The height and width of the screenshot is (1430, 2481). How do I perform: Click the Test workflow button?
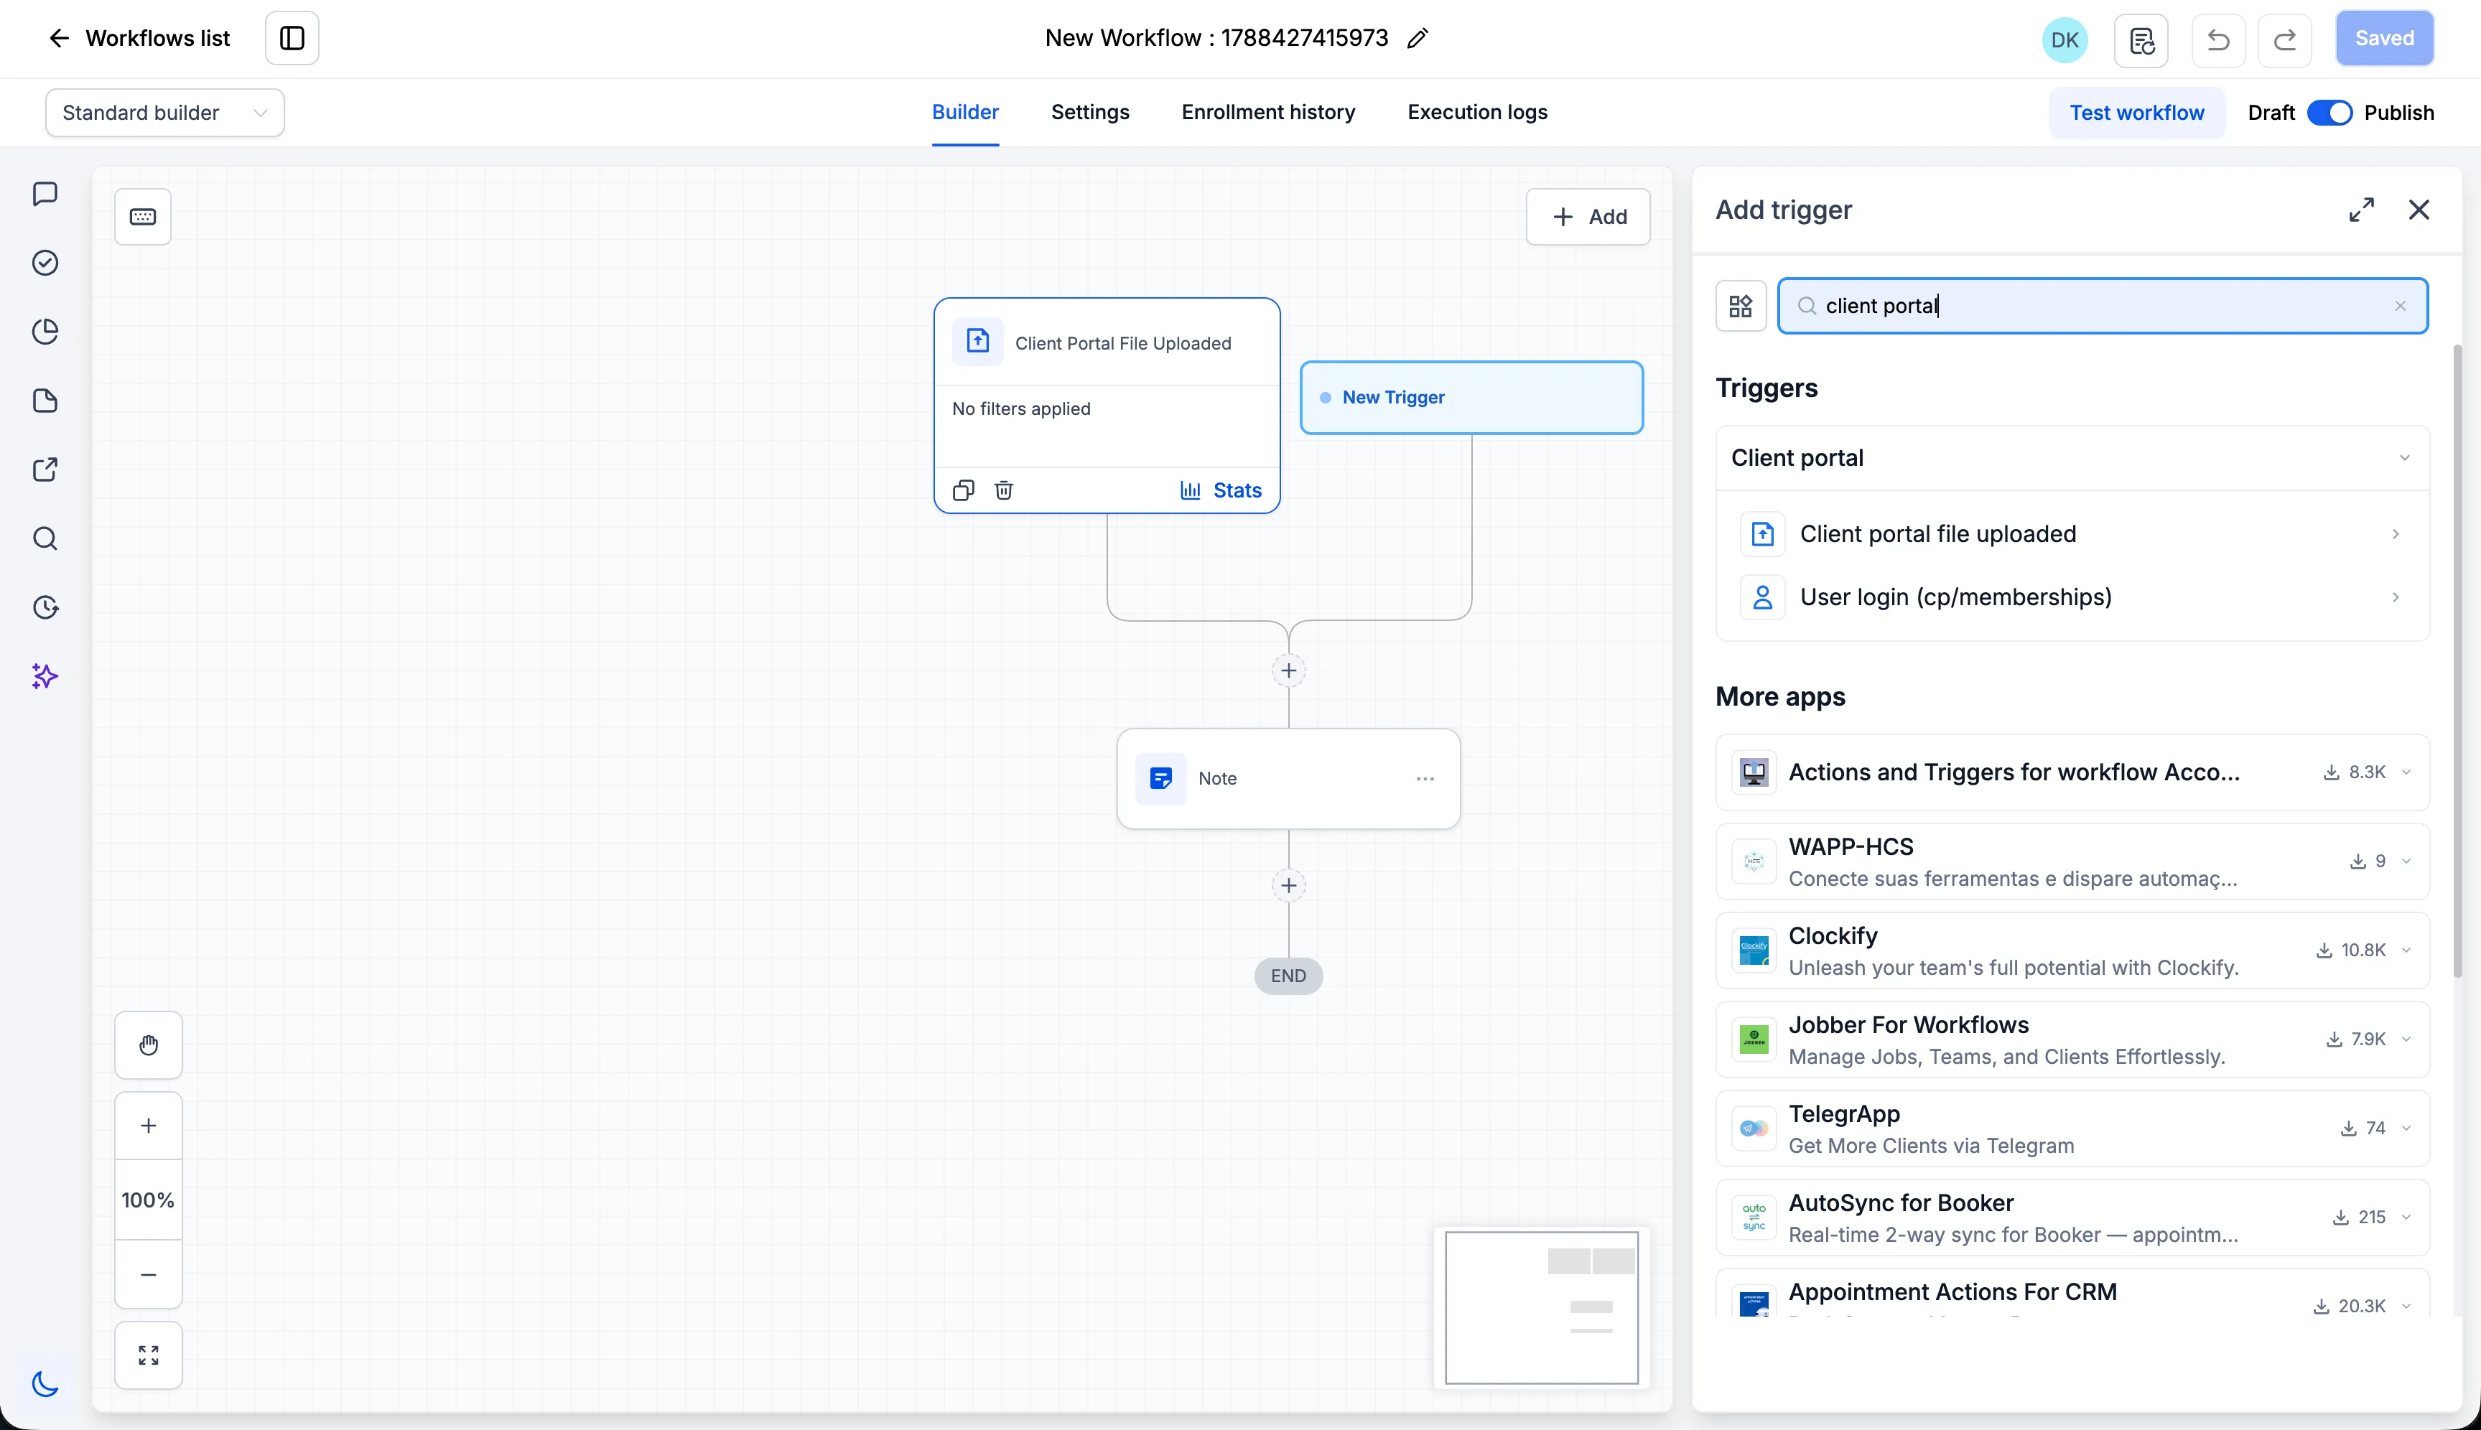(2136, 113)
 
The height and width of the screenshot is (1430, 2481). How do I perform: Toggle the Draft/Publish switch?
(2329, 113)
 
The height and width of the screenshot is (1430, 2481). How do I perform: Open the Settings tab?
(1090, 112)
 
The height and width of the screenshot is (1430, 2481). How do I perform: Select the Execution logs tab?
(1477, 112)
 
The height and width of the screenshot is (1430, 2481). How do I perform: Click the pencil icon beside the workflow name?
(1418, 38)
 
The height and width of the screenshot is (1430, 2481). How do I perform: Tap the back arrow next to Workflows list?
(59, 38)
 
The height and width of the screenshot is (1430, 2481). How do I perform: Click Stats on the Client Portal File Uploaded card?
(1221, 490)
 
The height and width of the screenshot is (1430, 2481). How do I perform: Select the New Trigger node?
(1471, 398)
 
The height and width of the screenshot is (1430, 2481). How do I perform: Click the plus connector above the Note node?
(1289, 670)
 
